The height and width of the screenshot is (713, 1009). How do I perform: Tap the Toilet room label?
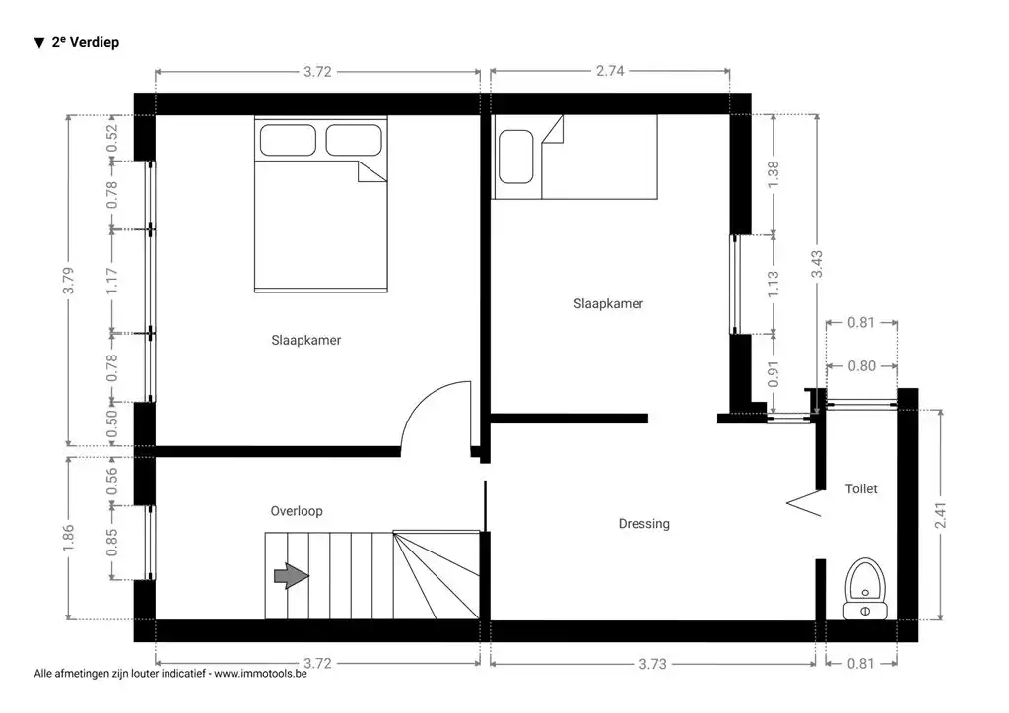[x=860, y=488]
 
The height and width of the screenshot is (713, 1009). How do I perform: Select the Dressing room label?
[x=643, y=524]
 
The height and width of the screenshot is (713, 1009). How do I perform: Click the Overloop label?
[x=297, y=511]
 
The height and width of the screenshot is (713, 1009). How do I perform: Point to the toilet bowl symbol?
[x=865, y=581]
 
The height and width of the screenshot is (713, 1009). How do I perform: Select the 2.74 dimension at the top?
[x=610, y=71]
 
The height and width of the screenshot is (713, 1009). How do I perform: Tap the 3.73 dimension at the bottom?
[x=652, y=663]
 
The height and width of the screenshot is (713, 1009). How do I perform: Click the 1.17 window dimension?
[x=112, y=282]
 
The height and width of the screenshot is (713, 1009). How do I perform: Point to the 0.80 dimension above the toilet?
[x=860, y=366]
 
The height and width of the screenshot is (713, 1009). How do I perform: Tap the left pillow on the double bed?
[x=287, y=140]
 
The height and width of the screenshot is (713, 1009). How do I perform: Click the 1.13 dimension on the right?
[x=774, y=285]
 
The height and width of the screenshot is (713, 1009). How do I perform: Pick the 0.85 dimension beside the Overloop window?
[x=112, y=543]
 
